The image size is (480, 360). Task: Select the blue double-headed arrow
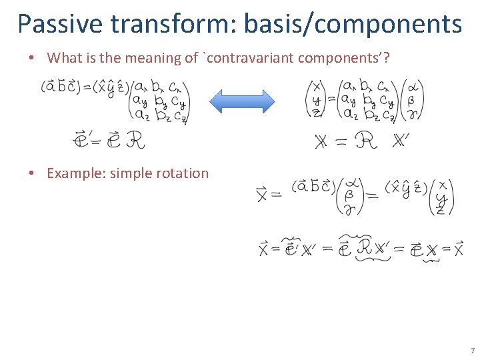tap(242, 102)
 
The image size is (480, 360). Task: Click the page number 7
tap(472, 350)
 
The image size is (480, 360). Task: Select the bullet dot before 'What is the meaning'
tap(31, 58)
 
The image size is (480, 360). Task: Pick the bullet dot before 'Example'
tap(31, 173)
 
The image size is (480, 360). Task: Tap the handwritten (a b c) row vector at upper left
tap(59, 87)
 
